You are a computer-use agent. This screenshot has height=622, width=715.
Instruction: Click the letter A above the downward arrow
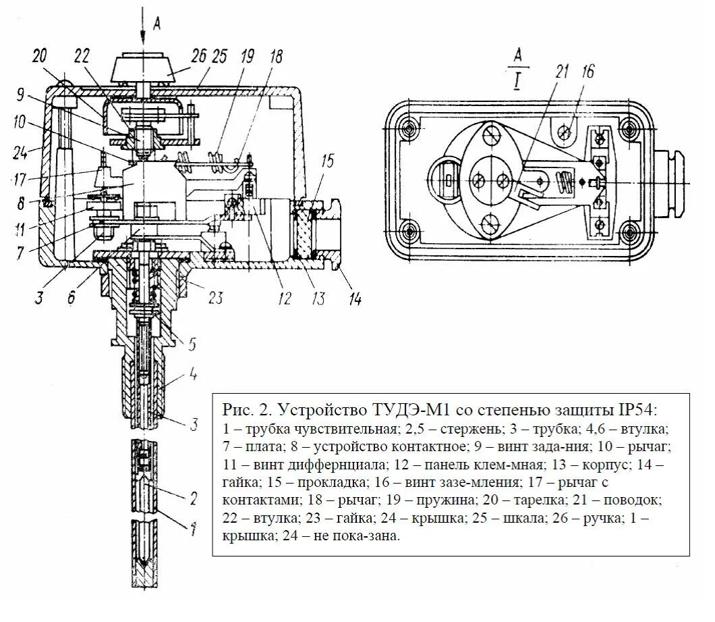156,23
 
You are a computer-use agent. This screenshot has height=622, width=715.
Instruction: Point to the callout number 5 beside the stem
192,344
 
